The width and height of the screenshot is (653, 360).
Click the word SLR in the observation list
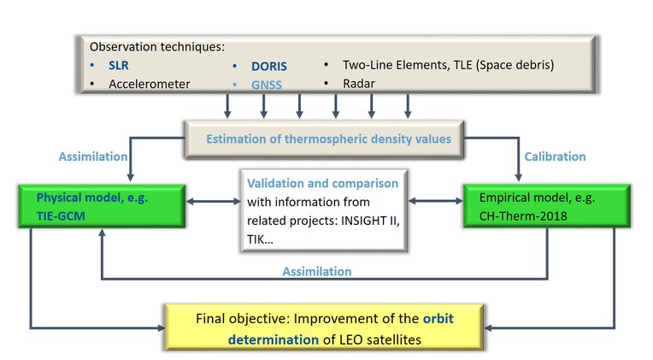(119, 66)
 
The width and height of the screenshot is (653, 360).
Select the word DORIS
(269, 66)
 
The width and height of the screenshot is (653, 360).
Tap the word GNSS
(267, 85)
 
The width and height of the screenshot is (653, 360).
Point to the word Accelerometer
(150, 84)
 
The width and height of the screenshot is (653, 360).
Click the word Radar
(359, 84)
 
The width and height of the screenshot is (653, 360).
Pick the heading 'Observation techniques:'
(157, 47)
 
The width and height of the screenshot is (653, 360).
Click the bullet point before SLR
(92, 66)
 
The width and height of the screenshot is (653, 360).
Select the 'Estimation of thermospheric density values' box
(325, 139)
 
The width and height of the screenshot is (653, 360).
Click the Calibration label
(555, 156)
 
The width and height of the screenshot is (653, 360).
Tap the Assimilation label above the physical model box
(93, 156)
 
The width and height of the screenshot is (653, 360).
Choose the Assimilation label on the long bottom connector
(317, 272)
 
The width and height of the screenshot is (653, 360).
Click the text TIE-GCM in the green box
(61, 216)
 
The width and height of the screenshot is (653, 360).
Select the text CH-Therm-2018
(523, 215)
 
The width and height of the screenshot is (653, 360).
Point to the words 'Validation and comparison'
(323, 183)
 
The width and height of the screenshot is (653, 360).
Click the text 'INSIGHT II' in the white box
(370, 221)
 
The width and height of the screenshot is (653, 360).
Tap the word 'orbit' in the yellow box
(438, 319)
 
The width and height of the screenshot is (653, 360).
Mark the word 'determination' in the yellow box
(274, 339)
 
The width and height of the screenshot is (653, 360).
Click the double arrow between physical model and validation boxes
(213, 202)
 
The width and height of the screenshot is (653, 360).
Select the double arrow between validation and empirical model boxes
(436, 201)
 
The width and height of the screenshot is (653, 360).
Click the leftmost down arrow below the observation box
(227, 106)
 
